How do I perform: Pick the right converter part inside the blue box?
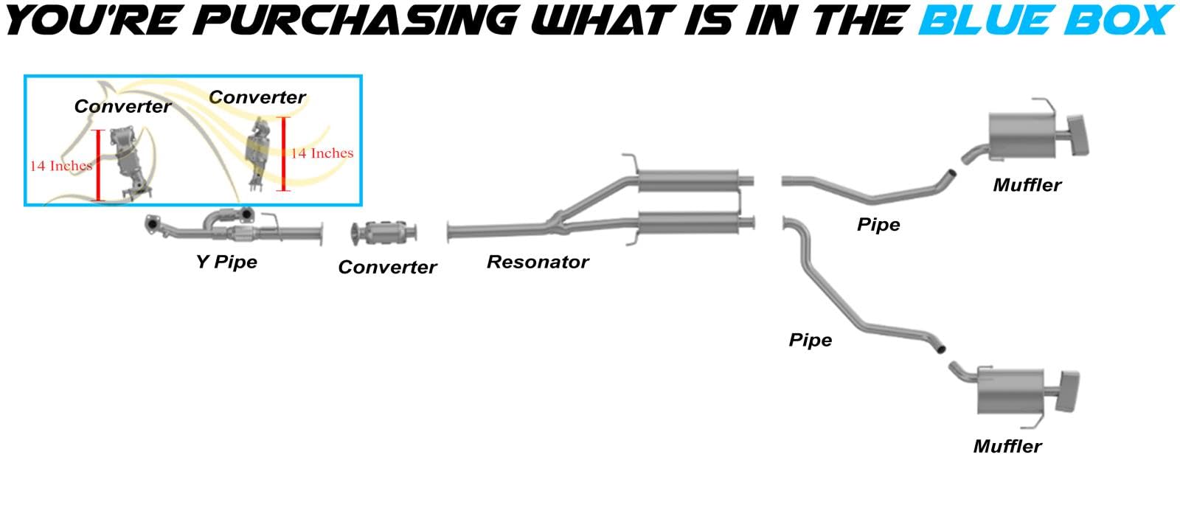click(257, 151)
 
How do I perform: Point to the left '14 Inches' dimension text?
click(60, 166)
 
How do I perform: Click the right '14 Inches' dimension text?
click(322, 153)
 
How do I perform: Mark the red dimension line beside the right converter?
click(283, 153)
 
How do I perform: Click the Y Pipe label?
click(226, 262)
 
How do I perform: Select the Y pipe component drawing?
click(232, 227)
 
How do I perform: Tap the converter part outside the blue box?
click(385, 233)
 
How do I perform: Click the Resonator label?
click(538, 262)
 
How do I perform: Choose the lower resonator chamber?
click(689, 222)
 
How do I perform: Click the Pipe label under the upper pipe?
click(878, 225)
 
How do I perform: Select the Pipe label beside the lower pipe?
click(810, 340)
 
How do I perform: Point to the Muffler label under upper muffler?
click(1027, 185)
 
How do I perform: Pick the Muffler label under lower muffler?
click(1007, 446)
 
